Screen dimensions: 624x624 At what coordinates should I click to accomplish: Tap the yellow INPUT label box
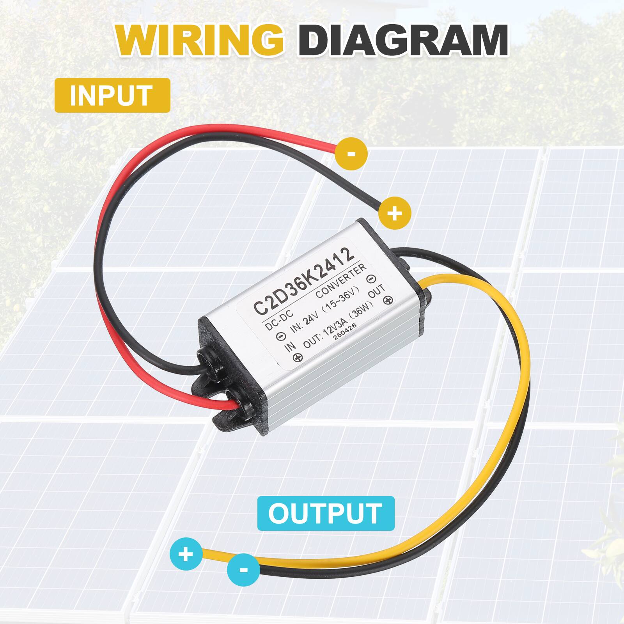point(112,95)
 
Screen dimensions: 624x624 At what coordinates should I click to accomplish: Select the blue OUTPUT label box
point(326,513)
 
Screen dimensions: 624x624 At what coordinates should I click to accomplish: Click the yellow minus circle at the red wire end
point(351,154)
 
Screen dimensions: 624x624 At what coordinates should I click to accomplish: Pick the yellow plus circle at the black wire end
point(395,213)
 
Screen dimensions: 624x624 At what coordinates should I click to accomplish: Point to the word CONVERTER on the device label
point(341,281)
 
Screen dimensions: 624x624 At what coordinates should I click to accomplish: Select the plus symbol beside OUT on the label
point(388,300)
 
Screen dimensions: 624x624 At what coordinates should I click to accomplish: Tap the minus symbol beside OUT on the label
point(371,278)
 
